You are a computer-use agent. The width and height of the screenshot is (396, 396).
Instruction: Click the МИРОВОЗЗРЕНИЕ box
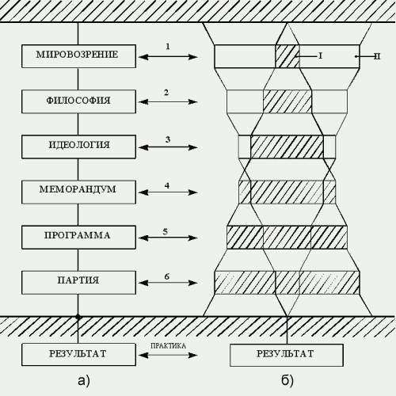78,56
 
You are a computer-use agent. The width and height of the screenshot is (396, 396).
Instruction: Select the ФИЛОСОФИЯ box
78,101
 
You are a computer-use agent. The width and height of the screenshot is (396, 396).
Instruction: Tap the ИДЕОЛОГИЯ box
78,147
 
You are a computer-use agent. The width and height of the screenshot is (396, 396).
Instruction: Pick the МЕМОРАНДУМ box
78,192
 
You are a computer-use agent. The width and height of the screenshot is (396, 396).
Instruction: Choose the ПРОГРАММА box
78,238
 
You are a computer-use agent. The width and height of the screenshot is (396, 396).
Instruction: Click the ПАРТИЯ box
78,283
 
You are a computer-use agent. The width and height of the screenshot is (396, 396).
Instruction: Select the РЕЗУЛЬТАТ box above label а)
78,355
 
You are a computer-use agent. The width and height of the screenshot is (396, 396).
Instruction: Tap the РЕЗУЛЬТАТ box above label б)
287,355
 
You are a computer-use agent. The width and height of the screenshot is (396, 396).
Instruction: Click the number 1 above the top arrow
168,47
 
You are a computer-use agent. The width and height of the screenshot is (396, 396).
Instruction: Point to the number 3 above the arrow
168,139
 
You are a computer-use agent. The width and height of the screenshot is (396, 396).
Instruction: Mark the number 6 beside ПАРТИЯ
167,276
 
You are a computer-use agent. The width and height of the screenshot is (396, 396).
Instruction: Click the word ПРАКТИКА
168,346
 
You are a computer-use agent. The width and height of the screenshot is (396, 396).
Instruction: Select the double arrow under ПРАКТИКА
168,355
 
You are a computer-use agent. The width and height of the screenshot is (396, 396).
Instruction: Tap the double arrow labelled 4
168,192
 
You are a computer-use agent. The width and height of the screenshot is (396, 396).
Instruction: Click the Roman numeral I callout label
321,56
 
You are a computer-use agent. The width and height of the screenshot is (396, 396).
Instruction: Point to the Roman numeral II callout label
377,56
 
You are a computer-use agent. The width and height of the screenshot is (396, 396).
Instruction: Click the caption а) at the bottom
84,381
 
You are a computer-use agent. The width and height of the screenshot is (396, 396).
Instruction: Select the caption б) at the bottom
287,381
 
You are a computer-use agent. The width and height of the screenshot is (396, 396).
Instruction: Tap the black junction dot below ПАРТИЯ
78,316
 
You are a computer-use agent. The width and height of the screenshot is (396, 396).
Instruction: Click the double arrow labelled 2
168,102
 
